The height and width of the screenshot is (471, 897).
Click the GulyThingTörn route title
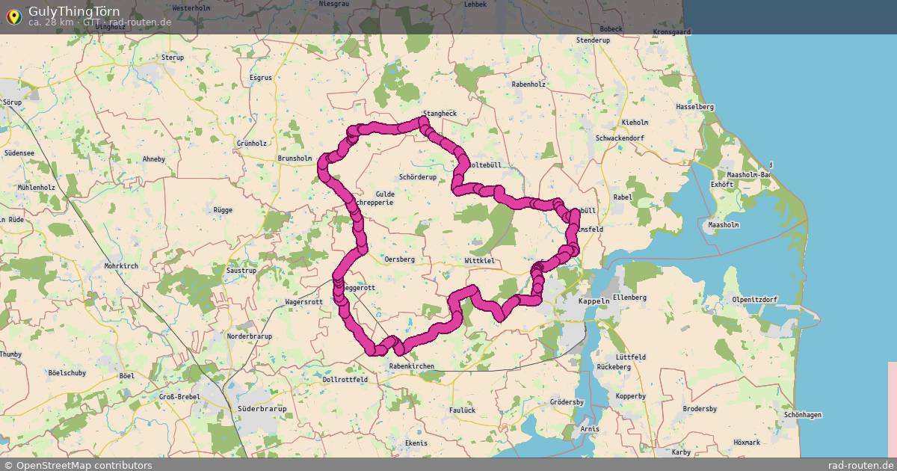pyautogui.click(x=74, y=11)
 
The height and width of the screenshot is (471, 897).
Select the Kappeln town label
pyautogui.click(x=594, y=301)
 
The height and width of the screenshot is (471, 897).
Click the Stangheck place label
pyautogui.click(x=440, y=114)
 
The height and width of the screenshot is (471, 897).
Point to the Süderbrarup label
pyautogui.click(x=262, y=409)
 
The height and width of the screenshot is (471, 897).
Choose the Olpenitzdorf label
pyautogui.click(x=755, y=300)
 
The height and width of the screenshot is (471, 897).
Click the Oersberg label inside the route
pyautogui.click(x=398, y=259)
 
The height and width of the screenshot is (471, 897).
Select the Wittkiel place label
pyautogui.click(x=479, y=260)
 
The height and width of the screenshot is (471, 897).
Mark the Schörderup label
pyautogui.click(x=418, y=178)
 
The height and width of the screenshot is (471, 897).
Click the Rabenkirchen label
pyautogui.click(x=411, y=366)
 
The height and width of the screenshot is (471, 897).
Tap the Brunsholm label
pyautogui.click(x=295, y=158)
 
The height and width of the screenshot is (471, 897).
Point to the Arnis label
pyautogui.click(x=590, y=429)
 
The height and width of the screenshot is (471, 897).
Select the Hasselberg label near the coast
pyautogui.click(x=694, y=107)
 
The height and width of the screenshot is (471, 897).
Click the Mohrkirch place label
pyautogui.click(x=123, y=265)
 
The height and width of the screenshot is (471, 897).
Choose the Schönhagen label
pyautogui.click(x=803, y=415)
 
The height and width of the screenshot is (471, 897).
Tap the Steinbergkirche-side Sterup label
pyautogui.click(x=173, y=57)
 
